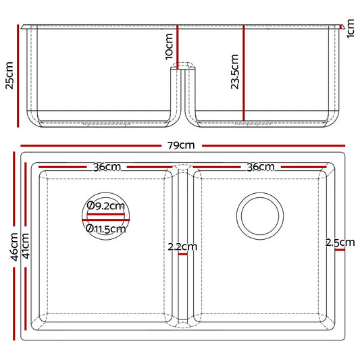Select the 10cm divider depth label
pos(169,47)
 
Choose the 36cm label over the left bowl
pos(107,167)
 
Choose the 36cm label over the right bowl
pos(261,167)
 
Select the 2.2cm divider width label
pos(182,247)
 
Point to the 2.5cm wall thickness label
pos(340,242)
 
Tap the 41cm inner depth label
pos(24,247)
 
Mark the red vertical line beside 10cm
pos(178,45)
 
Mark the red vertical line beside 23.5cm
pos(244,74)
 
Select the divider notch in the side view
pos(182,68)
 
